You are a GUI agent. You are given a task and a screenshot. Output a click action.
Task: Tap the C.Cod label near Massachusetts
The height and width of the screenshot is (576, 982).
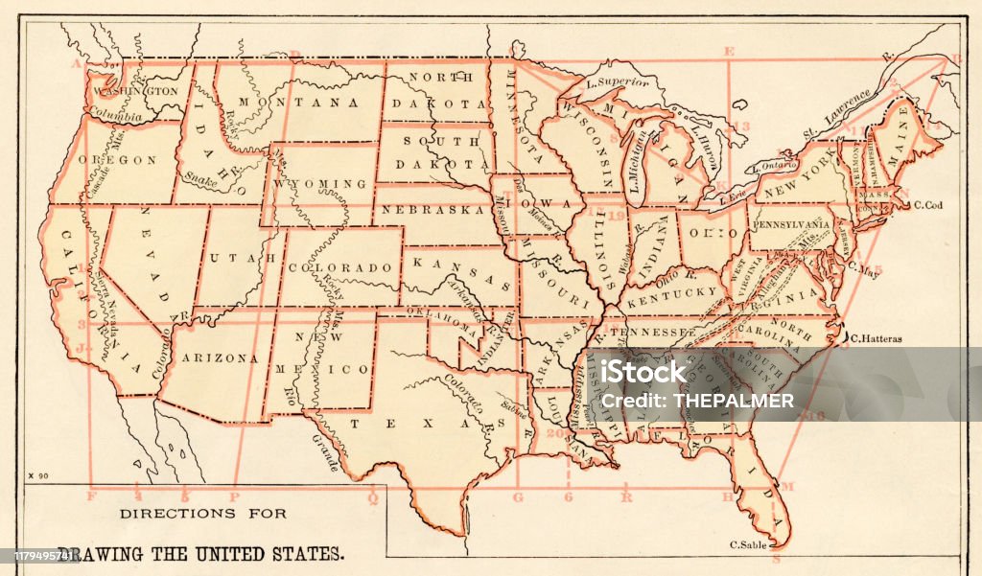(929, 204)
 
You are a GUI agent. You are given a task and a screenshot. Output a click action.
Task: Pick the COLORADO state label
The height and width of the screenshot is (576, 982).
(342, 267)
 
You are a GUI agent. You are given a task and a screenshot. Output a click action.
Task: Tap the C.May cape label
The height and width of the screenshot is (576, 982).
(864, 269)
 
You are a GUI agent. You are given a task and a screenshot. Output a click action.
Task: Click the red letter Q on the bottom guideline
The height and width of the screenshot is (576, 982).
(373, 497)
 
